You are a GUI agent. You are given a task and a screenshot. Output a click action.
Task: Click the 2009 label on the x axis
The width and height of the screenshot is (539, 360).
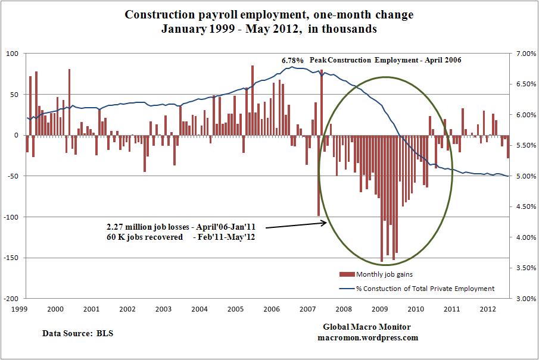coord(380,309)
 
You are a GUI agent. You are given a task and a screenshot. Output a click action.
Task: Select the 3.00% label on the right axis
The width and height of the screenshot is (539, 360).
coord(525,299)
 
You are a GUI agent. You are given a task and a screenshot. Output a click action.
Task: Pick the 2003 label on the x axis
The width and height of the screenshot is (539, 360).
coord(163,309)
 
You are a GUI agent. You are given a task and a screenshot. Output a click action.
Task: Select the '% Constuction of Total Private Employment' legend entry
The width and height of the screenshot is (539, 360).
coord(425,289)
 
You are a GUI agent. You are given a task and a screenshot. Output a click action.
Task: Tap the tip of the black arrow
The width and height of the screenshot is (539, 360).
coord(326,223)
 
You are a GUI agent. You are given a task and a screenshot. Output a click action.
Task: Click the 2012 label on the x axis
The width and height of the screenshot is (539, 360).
coord(488,309)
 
